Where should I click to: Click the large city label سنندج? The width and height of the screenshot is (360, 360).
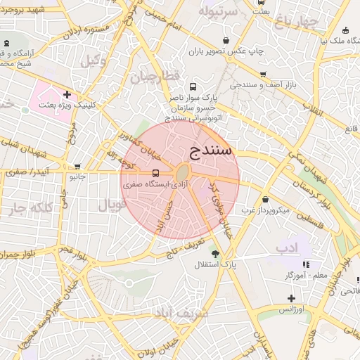pyautogui.click(x=211, y=150)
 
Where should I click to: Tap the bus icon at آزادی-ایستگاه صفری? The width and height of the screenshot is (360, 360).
pyautogui.click(x=155, y=173)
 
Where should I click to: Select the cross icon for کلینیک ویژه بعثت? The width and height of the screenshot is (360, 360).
pyautogui.click(x=67, y=94)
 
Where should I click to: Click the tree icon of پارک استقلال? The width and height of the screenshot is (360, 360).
pyautogui.click(x=215, y=254)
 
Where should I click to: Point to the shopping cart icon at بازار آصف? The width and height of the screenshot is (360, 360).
pyautogui.click(x=262, y=74)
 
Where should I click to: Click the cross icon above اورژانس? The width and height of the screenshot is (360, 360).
pyautogui.click(x=290, y=298)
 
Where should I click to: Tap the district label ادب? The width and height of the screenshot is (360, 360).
pyautogui.click(x=288, y=247)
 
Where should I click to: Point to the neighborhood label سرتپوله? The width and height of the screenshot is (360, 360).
pyautogui.click(x=215, y=12)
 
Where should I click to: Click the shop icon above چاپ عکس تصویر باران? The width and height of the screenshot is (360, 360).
pyautogui.click(x=225, y=41)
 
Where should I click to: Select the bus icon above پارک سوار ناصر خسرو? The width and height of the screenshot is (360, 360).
pyautogui.click(x=193, y=87)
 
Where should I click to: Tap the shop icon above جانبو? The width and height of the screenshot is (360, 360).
pyautogui.click(x=77, y=167)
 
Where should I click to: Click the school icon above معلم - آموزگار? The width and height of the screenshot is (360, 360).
pyautogui.click(x=306, y=264)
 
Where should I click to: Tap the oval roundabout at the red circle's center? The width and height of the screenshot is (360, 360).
pyautogui.click(x=182, y=173)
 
